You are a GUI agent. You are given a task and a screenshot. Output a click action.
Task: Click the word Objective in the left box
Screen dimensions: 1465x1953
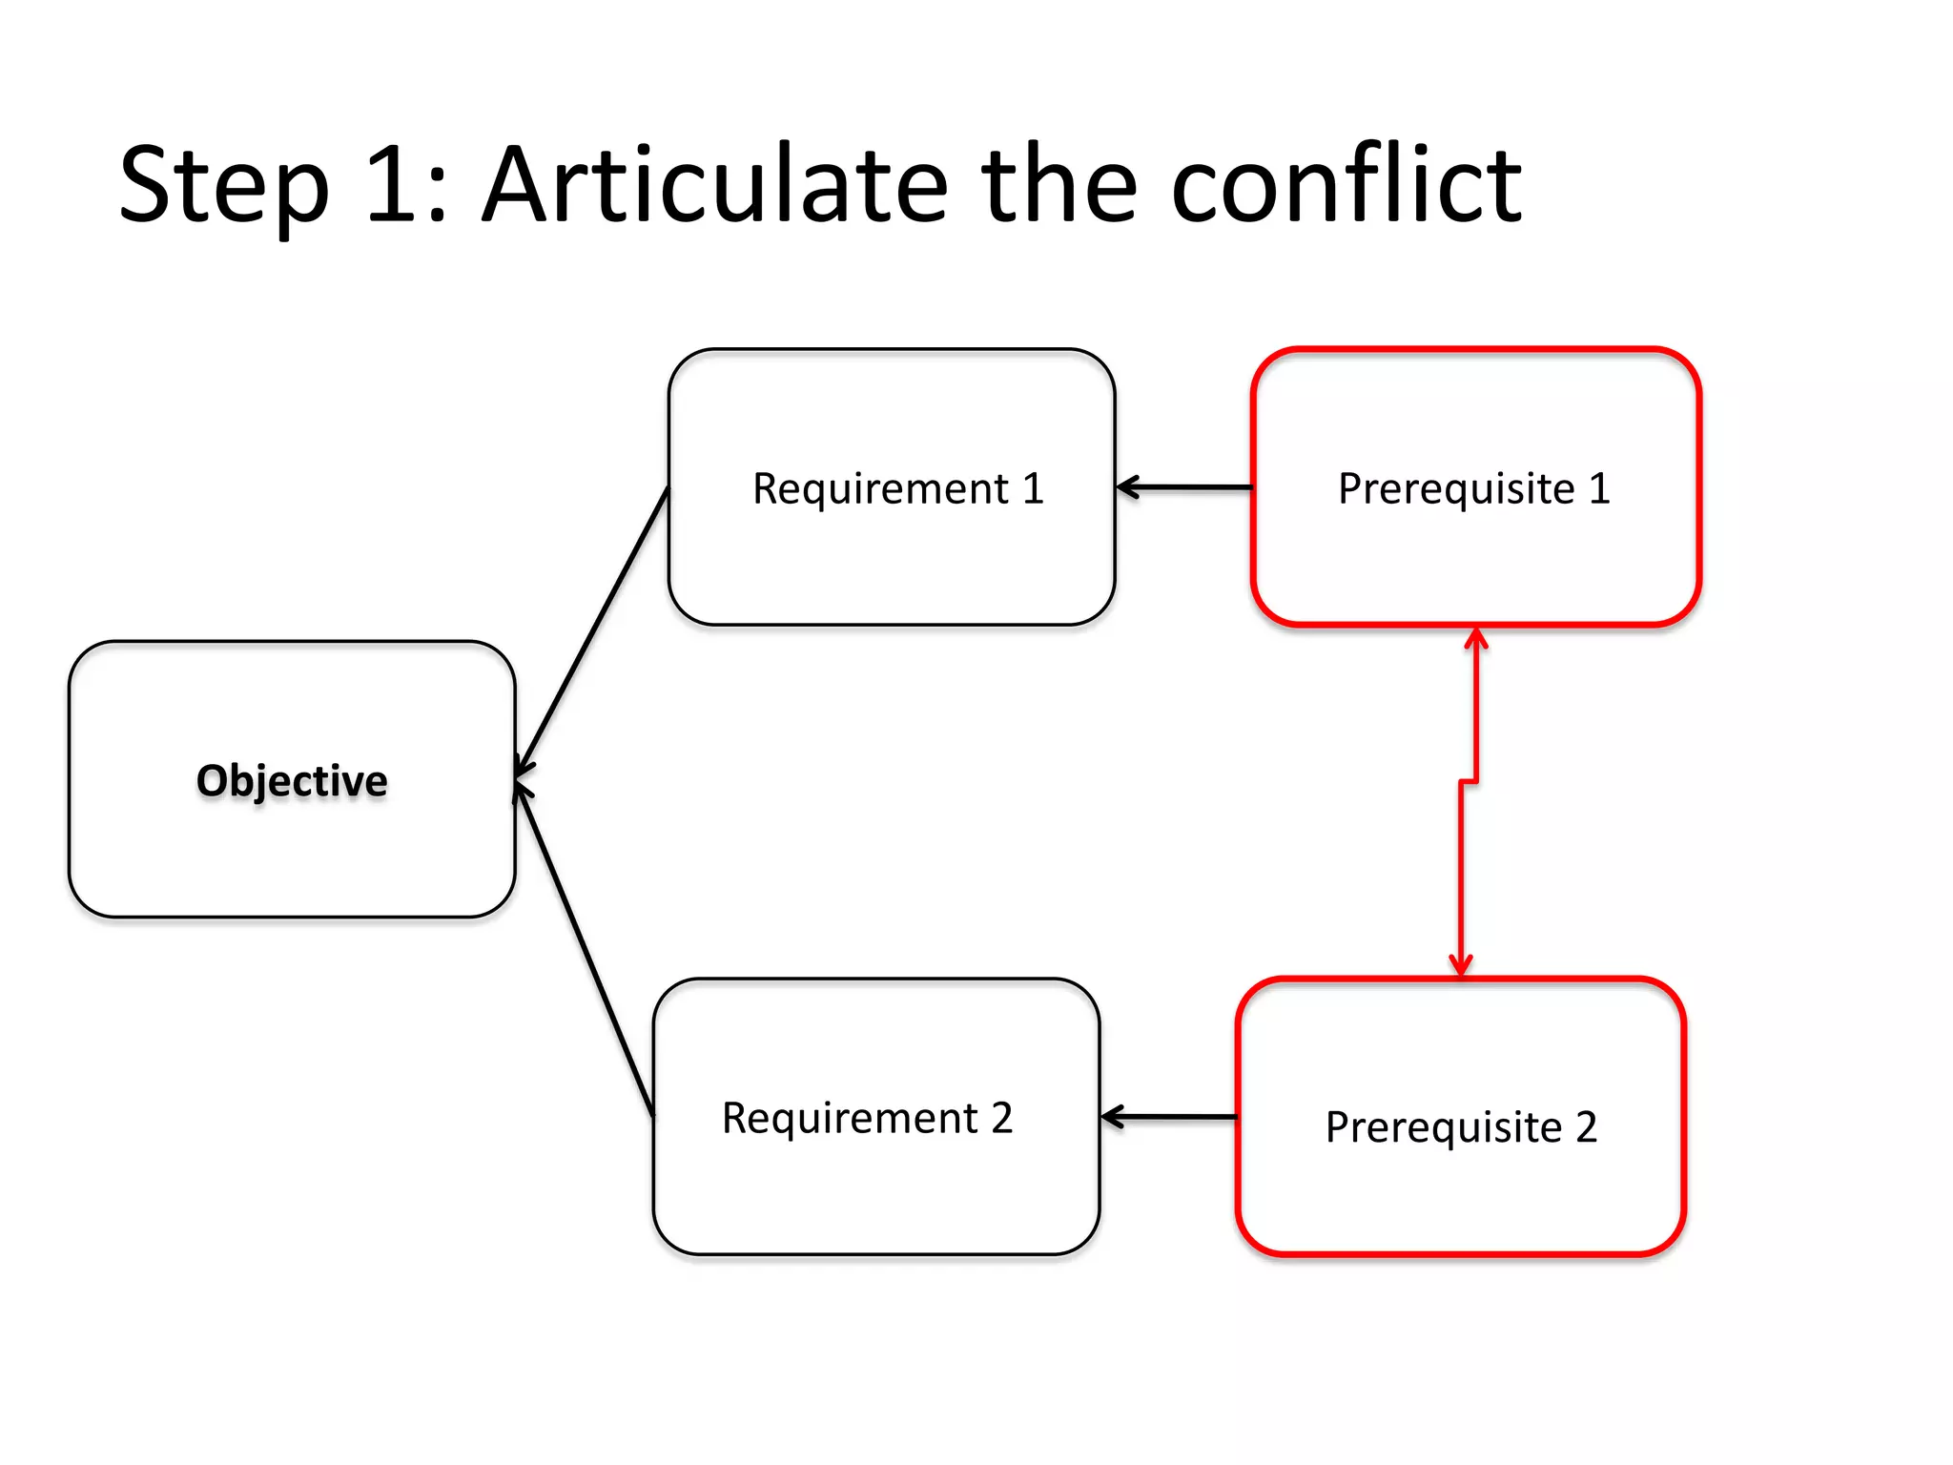point(292,781)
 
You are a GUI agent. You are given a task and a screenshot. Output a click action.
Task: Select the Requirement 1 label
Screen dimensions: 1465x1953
point(897,489)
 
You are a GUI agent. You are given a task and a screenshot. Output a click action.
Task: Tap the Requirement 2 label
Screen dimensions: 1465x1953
point(867,1118)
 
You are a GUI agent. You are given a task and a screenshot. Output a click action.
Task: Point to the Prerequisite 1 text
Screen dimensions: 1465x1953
point(1473,489)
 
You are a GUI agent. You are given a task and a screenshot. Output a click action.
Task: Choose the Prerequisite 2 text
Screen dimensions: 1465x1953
point(1460,1127)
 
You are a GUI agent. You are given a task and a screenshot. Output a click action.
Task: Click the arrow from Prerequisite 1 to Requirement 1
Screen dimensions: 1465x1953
point(1183,487)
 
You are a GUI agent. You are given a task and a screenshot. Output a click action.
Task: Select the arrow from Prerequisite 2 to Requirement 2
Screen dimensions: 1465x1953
point(1168,1116)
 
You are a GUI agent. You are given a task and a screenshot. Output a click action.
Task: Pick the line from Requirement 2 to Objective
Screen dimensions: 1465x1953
point(584,949)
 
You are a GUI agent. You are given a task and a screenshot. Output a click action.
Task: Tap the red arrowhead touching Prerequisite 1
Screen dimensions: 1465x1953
point(1476,637)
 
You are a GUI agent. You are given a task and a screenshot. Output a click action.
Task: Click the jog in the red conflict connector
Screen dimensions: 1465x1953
point(1469,782)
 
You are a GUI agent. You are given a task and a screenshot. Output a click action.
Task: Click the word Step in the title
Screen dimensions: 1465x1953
point(225,186)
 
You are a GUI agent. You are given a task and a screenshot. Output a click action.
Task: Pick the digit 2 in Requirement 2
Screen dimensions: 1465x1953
point(1001,1118)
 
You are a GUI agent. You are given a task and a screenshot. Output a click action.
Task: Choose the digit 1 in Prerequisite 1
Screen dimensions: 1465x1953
point(1599,489)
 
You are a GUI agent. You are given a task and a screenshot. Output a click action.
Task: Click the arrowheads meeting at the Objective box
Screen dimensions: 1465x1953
point(523,778)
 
